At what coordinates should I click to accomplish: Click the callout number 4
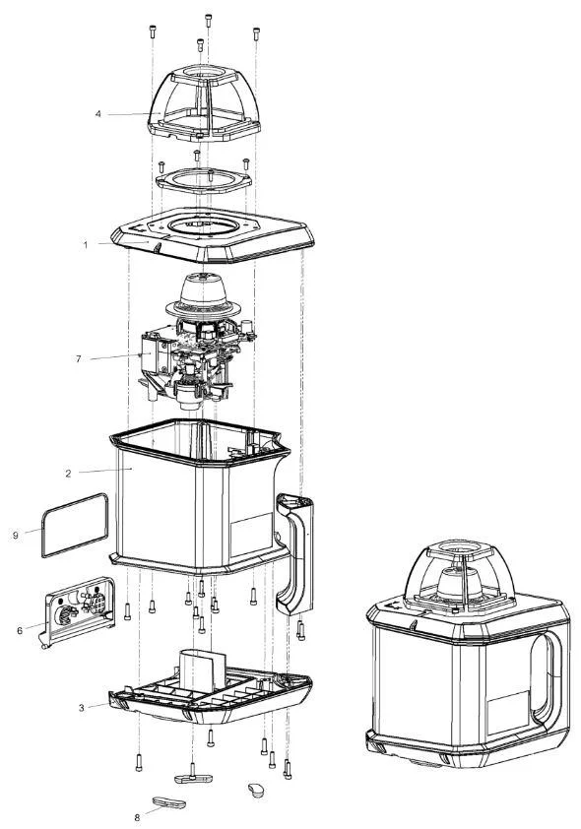[97, 113]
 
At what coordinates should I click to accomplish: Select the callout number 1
[86, 245]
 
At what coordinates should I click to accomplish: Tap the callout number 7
[79, 359]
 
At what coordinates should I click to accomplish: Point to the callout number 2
[68, 474]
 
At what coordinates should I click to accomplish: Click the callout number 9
[16, 536]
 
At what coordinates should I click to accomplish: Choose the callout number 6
[20, 631]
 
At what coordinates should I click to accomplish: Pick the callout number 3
[82, 708]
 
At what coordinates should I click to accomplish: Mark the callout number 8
[137, 817]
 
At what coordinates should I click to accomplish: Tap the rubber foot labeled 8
[169, 803]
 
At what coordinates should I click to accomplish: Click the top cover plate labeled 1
[213, 235]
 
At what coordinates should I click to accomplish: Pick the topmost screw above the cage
[209, 20]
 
